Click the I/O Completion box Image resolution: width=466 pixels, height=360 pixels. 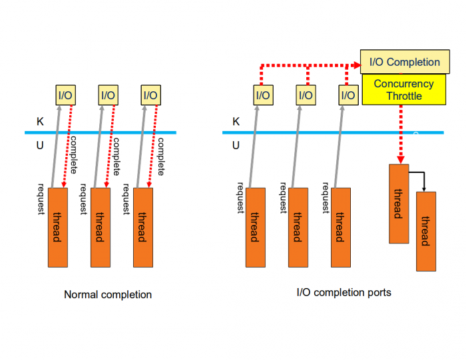(404, 62)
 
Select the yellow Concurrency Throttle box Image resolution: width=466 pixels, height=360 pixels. (403, 90)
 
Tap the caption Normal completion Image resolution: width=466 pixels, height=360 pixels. (108, 294)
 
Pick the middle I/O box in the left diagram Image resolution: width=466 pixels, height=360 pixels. (108, 95)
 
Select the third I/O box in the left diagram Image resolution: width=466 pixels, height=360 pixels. (150, 95)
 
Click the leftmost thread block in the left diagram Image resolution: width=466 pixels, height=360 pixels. (57, 227)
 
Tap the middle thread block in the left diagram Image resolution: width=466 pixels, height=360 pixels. (100, 227)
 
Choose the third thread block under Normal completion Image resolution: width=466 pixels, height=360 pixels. (142, 227)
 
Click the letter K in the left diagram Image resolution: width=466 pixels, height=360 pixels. (39, 122)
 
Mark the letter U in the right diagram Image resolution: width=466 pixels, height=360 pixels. (236, 144)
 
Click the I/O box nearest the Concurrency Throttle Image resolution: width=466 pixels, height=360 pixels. (348, 95)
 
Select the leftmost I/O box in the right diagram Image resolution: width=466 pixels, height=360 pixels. (263, 95)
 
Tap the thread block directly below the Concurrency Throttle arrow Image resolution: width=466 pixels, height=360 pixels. (398, 203)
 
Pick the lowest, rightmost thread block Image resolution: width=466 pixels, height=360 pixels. (425, 231)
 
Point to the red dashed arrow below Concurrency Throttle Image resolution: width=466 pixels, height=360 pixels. (400, 133)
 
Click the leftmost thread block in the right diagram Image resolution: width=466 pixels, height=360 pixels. (255, 227)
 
